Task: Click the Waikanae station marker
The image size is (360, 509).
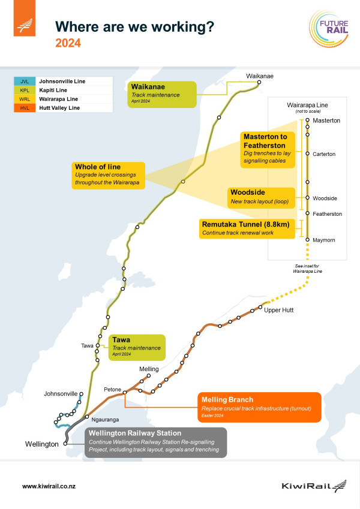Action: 259,83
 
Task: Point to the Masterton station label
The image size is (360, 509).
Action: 326,121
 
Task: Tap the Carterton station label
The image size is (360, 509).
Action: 324,154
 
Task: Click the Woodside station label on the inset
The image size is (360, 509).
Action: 325,198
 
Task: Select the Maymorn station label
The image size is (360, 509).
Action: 324,240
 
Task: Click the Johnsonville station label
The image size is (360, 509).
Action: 61,394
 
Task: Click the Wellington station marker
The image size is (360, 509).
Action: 65,444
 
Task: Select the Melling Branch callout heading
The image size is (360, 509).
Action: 227,399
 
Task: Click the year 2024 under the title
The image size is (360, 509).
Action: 68,43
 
